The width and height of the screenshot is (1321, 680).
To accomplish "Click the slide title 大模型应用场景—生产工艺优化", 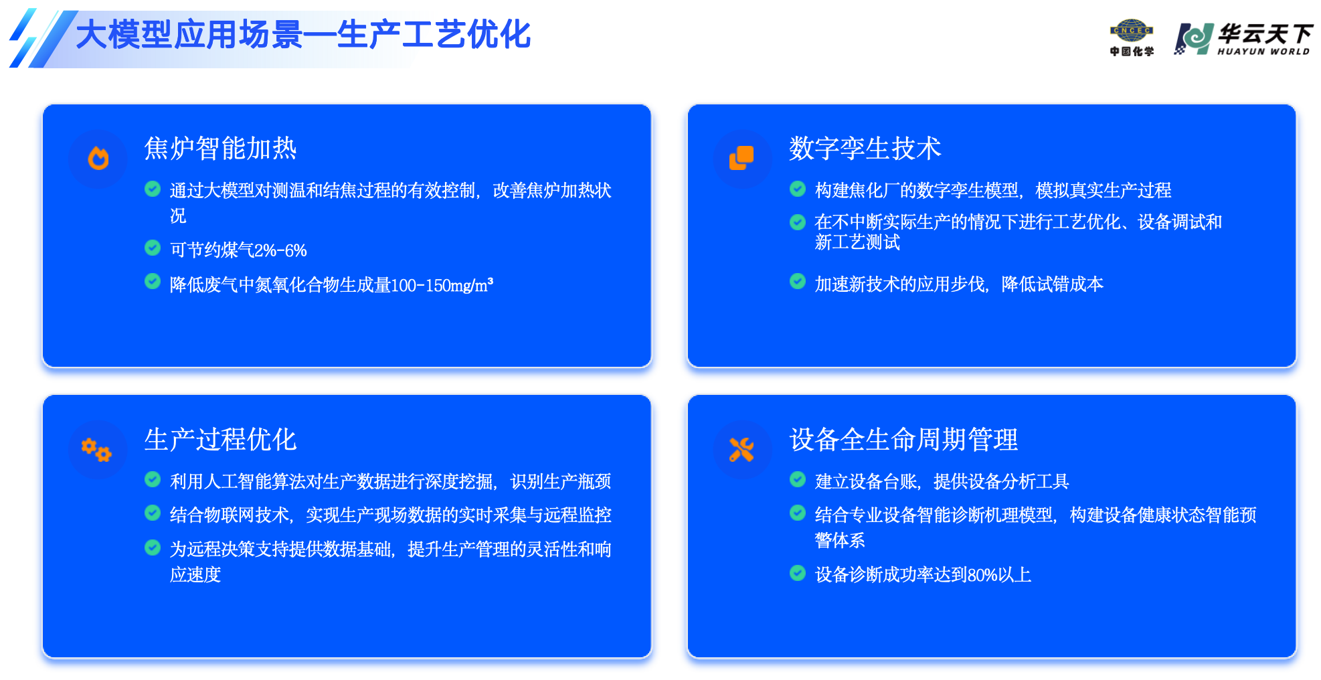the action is click(x=303, y=35).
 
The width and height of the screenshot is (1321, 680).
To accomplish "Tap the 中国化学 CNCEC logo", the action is click(x=1132, y=37).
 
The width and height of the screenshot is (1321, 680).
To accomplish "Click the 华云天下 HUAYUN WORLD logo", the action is click(x=1244, y=39).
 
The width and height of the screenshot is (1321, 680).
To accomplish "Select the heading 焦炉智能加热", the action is click(x=220, y=148).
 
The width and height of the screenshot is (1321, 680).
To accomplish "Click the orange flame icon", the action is click(x=98, y=159).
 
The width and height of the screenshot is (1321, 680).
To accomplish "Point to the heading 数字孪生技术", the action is click(x=865, y=148).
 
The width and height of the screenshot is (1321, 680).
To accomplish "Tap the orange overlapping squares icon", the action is click(x=741, y=158).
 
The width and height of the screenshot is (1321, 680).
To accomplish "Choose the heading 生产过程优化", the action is click(x=220, y=439).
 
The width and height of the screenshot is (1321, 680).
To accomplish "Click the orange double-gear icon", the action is click(x=96, y=450).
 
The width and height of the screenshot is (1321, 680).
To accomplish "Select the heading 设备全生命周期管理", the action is click(x=903, y=439).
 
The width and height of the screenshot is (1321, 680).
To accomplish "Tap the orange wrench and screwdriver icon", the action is click(x=741, y=450).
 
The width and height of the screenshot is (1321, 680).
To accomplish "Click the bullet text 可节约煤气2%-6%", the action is click(x=238, y=250).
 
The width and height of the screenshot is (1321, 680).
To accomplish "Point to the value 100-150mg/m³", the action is click(x=442, y=285).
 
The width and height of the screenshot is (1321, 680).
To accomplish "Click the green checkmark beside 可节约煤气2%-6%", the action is click(x=153, y=248).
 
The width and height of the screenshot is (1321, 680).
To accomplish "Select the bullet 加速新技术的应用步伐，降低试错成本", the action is click(x=959, y=284).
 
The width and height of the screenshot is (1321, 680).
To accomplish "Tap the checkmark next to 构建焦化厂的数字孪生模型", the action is click(x=798, y=189).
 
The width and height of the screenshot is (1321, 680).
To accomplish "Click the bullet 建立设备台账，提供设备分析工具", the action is click(x=942, y=481).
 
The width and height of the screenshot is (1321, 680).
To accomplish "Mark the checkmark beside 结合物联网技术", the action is click(x=153, y=513).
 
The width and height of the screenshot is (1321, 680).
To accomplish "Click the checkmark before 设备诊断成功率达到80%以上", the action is click(x=798, y=573).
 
